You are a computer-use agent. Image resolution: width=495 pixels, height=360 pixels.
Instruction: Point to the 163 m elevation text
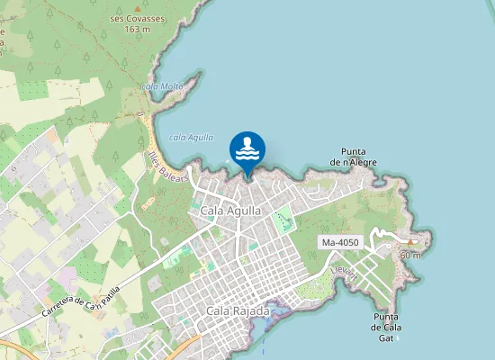138,29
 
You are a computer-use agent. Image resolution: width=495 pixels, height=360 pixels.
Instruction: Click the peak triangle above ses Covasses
138,7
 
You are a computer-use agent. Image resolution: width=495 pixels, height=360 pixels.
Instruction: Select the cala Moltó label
162,86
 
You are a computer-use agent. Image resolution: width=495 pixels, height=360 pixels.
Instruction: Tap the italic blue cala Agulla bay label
191,137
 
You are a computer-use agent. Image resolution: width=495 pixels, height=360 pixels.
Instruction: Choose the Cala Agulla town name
230,211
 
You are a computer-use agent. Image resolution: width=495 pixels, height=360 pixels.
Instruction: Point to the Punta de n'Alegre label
353,157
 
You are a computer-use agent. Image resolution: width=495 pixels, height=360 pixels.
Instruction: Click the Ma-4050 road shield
339,243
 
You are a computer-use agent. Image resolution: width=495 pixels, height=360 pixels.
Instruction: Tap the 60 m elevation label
410,256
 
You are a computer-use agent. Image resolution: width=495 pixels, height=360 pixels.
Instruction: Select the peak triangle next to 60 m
411,243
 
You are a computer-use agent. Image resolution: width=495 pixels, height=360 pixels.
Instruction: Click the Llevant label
344,271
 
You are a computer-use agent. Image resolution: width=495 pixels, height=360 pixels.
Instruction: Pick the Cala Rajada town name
238,311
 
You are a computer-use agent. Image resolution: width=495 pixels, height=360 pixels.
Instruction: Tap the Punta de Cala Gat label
386,327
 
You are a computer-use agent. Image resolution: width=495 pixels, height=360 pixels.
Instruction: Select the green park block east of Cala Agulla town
283,218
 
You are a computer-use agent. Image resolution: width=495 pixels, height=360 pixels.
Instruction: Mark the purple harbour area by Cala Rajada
274,313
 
